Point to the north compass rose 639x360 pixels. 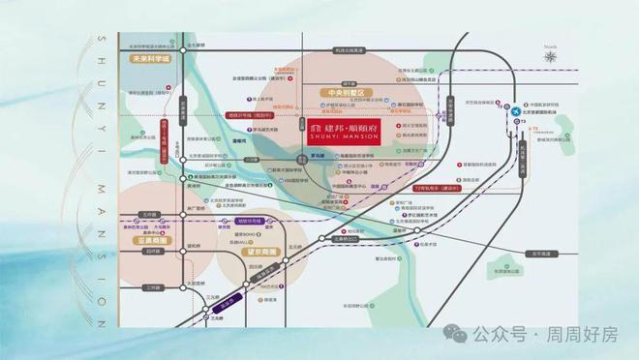coord(551,57)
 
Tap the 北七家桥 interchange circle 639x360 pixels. coord(183,46)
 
